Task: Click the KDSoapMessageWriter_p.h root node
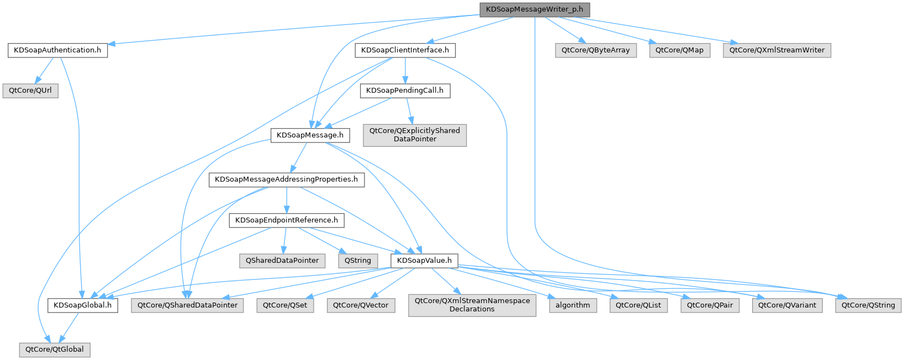tap(534, 10)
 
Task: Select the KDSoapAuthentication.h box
tap(57, 50)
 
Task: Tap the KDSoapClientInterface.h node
tap(405, 50)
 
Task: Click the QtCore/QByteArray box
tap(595, 50)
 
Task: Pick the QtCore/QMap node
tap(679, 50)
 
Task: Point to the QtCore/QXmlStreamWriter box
tap(776, 50)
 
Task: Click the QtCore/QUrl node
tap(30, 91)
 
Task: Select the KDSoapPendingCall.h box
tap(405, 91)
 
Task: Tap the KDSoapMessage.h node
tap(310, 135)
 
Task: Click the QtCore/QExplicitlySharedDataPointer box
tap(415, 135)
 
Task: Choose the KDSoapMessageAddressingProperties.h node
tap(286, 179)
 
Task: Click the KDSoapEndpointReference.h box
tap(286, 220)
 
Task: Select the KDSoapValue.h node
tap(424, 261)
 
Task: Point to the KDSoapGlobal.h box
tap(82, 305)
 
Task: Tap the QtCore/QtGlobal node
tap(54, 350)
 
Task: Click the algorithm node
tap(573, 305)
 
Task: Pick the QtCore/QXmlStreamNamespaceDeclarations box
tap(472, 305)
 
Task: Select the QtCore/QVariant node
tap(787, 305)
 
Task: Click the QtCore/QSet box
tap(285, 305)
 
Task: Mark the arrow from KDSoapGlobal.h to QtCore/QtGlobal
tap(68, 327)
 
